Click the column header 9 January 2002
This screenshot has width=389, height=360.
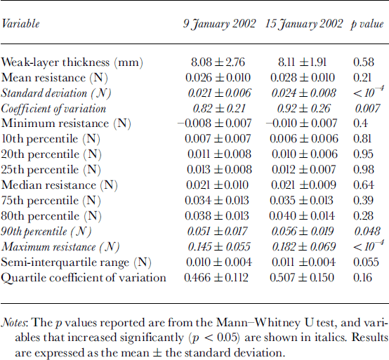click(219, 25)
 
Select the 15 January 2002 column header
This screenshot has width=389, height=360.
click(304, 25)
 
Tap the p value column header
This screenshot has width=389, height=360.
click(367, 25)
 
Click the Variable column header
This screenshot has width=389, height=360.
click(20, 24)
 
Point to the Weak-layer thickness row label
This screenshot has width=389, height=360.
click(72, 62)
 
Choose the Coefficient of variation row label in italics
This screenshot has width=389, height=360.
click(53, 109)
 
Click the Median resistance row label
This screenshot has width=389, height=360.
click(59, 185)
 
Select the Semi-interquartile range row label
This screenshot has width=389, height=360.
click(76, 262)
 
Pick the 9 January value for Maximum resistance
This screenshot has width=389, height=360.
click(219, 247)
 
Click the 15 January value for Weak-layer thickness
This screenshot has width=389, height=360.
click(302, 62)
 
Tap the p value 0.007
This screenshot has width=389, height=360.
click(367, 109)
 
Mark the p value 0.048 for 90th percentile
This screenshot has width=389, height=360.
click(367, 232)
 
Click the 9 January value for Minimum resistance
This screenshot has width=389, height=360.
click(215, 124)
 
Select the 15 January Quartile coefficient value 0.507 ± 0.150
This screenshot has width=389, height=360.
click(302, 278)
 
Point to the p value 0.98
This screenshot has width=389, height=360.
click(364, 170)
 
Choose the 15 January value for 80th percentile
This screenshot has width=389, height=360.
click(302, 216)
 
